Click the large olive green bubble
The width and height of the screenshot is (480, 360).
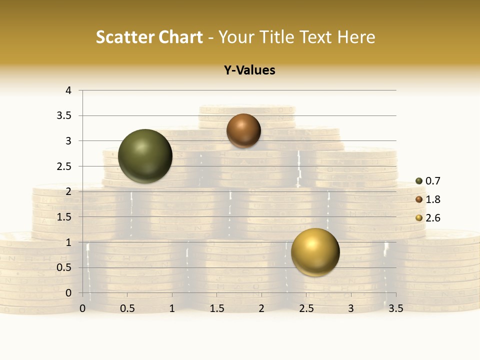click(145, 156)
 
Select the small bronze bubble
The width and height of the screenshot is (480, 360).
click(243, 130)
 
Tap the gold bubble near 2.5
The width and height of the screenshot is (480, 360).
click(315, 252)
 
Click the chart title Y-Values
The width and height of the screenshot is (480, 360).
click(249, 70)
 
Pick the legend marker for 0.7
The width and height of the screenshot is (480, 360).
click(419, 181)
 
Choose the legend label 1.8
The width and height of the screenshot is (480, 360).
click(433, 199)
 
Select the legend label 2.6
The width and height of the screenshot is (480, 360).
click(433, 218)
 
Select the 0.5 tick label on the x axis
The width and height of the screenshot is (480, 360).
click(127, 309)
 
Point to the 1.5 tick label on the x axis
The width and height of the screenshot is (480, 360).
click(217, 309)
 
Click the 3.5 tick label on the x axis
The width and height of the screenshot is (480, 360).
click(395, 309)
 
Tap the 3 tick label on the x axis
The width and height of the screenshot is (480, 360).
click(351, 309)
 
